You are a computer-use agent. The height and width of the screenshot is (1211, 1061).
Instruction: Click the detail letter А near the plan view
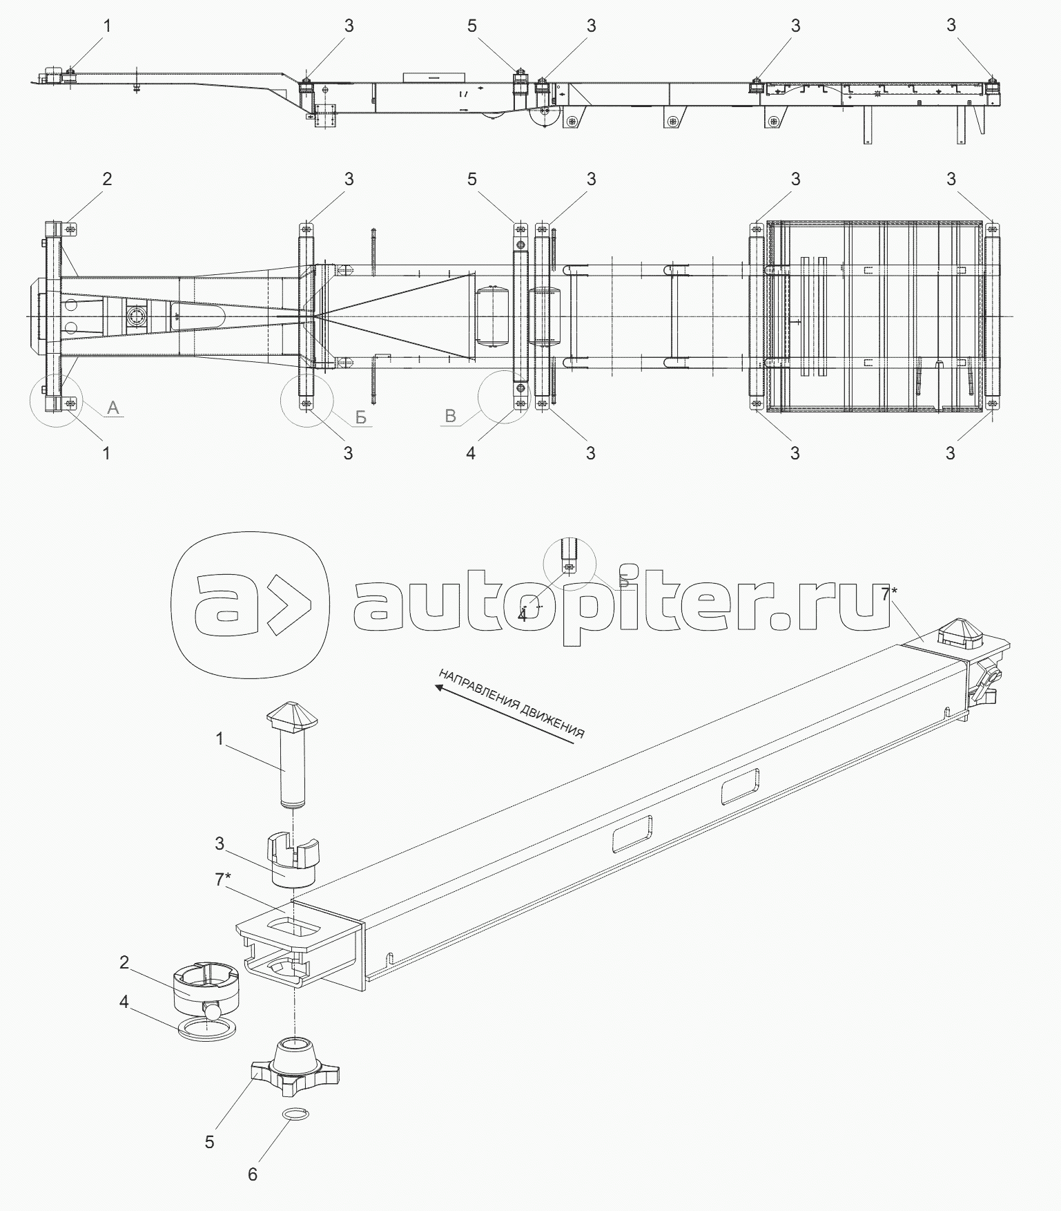tap(114, 408)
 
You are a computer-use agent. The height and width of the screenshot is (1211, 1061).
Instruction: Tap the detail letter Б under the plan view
tap(360, 418)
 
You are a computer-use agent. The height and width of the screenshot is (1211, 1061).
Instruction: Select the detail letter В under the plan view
tap(451, 416)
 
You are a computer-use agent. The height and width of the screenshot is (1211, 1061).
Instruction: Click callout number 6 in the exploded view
tap(253, 1174)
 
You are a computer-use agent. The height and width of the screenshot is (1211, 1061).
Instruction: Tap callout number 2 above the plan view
tap(107, 179)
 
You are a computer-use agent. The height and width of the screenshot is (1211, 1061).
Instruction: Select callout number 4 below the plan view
tap(471, 453)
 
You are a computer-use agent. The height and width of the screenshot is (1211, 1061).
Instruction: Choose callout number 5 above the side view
tap(471, 26)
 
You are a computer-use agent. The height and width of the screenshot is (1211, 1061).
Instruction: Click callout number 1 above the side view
tap(107, 26)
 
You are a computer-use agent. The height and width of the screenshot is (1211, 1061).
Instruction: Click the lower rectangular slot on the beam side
tap(632, 832)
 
